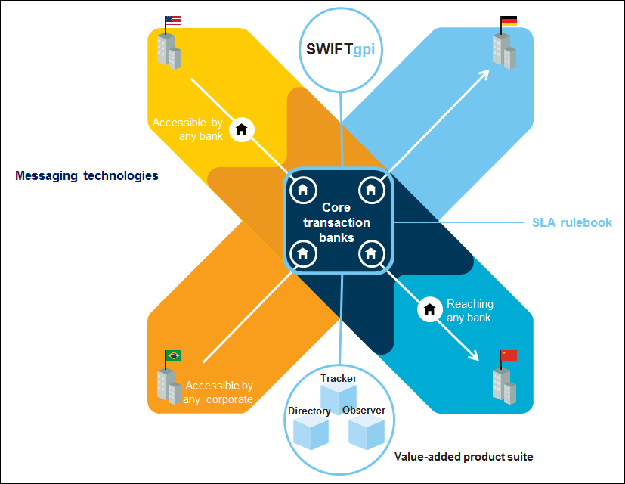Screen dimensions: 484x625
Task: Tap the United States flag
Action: click(x=173, y=21)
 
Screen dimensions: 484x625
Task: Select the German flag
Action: click(x=509, y=21)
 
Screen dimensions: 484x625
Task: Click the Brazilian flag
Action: click(x=173, y=355)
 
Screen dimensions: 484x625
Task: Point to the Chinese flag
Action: click(x=509, y=355)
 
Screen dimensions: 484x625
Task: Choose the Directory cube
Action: click(x=311, y=433)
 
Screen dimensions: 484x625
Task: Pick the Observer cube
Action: click(x=366, y=431)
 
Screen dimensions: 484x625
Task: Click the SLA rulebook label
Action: click(x=571, y=222)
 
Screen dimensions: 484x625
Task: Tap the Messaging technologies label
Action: click(x=87, y=175)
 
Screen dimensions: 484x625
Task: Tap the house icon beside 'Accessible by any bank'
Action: click(x=242, y=129)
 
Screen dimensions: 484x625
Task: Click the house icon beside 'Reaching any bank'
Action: click(x=430, y=309)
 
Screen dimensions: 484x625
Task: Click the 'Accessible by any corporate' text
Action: click(x=218, y=392)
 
